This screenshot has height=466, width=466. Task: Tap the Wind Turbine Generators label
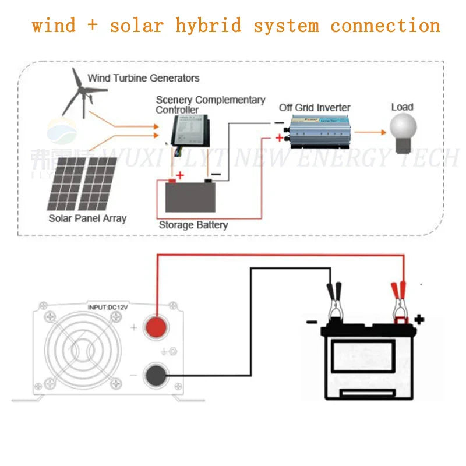pos(143,77)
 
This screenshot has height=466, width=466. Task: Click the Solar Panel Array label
pos(87,218)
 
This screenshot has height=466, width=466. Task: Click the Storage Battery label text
pos(193,225)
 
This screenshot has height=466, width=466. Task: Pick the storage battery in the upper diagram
pos(190,196)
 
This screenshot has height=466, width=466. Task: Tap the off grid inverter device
pos(317,133)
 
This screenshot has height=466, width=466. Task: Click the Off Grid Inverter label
pos(315,107)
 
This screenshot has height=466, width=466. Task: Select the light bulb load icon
pos(404,129)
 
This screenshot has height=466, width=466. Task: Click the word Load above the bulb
pos(402,107)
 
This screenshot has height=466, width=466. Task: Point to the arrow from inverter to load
pos(369,132)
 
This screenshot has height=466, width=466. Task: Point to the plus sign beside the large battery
pos(419,319)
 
